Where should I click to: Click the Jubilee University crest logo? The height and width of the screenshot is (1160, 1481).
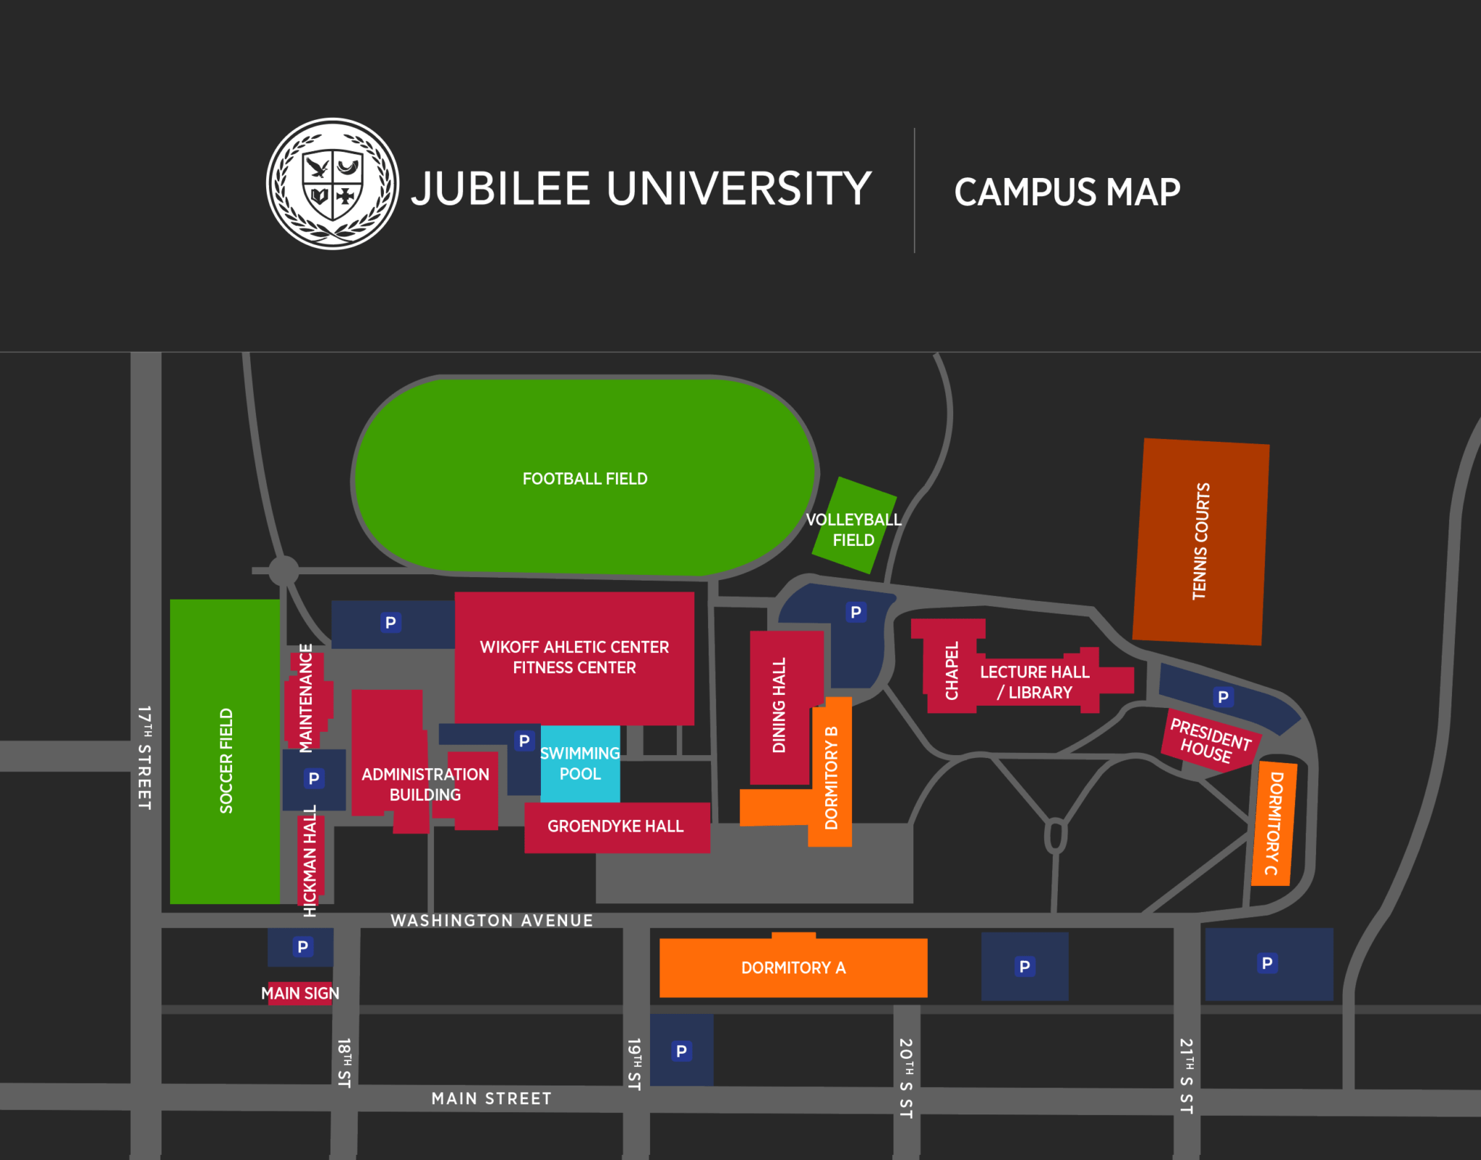tap(333, 184)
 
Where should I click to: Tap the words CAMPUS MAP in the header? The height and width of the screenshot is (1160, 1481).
tap(1067, 192)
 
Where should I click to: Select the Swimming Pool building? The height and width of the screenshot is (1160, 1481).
tap(580, 764)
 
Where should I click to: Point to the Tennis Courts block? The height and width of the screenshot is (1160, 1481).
tap(1200, 541)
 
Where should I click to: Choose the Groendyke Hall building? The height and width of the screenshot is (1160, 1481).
tap(616, 827)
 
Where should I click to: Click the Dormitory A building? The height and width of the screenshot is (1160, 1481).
tap(793, 968)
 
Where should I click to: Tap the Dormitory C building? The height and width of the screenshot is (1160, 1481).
tap(1274, 823)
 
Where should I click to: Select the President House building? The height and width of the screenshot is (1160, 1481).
tap(1211, 741)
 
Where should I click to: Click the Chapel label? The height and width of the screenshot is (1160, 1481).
tap(952, 670)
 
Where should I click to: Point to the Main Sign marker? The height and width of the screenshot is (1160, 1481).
tap(300, 993)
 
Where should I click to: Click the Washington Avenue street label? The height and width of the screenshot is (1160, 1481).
tap(492, 921)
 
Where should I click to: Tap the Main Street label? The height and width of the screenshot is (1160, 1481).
tap(492, 1099)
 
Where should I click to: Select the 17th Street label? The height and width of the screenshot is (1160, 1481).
tap(145, 757)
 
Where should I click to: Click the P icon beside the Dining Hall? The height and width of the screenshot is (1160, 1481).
tap(856, 613)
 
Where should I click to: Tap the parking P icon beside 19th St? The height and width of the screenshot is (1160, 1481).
tap(681, 1051)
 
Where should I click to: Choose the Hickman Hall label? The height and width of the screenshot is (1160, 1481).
tap(310, 861)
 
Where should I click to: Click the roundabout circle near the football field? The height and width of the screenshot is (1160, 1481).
tap(284, 571)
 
